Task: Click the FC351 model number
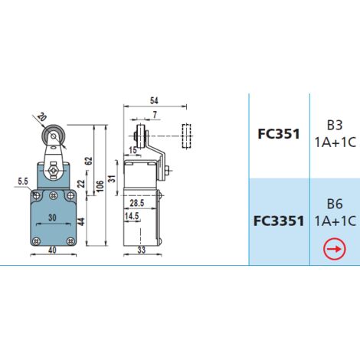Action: click(279, 134)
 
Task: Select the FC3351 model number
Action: click(279, 221)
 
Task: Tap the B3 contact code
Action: click(335, 126)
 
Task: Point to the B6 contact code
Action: click(335, 204)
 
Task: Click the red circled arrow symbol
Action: click(335, 249)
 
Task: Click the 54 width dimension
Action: click(154, 100)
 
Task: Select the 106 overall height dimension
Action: click(100, 186)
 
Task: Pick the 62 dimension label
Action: click(89, 161)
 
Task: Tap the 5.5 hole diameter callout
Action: click(23, 182)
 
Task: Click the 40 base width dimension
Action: click(52, 250)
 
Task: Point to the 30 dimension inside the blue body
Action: click(52, 218)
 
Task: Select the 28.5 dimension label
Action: click(137, 203)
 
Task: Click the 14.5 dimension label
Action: click(132, 216)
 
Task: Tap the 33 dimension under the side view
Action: click(141, 250)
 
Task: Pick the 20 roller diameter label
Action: click(41, 116)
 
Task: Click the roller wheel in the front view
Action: click(54, 136)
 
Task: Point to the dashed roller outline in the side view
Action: click(186, 136)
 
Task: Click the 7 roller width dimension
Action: click(155, 115)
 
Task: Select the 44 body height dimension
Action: click(81, 221)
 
